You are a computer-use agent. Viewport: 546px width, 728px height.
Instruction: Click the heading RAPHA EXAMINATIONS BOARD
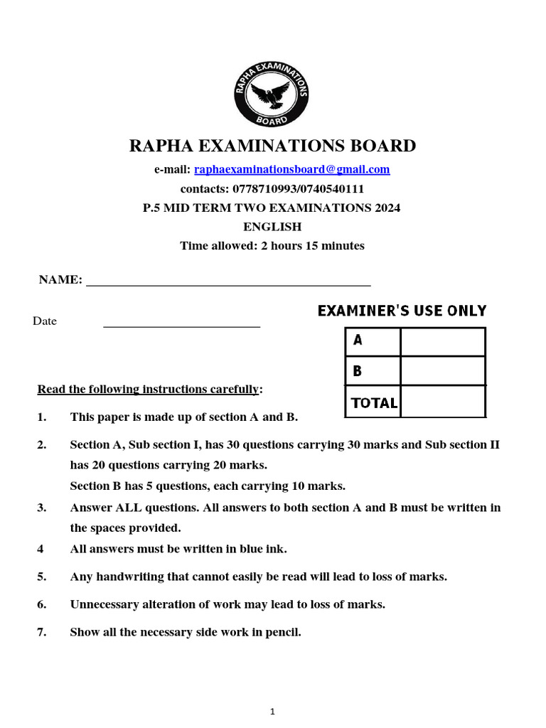tap(272, 146)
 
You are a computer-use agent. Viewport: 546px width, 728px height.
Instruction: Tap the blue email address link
tap(291, 169)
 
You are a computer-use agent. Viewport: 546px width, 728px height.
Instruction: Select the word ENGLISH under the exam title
tap(272, 227)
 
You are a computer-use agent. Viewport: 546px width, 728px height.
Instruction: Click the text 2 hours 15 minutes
tap(308, 246)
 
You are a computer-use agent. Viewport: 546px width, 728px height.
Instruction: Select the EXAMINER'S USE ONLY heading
tap(402, 311)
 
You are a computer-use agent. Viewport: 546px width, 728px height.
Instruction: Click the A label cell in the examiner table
tap(372, 341)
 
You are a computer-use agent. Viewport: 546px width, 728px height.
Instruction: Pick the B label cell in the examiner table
tap(372, 371)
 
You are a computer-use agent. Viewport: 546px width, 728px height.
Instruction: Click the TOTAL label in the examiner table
tap(373, 403)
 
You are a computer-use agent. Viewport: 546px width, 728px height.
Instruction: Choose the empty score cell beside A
tap(442, 341)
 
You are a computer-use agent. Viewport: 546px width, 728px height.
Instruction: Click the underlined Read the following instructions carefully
tap(149, 390)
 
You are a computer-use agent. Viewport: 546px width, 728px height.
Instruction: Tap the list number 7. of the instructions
tap(42, 632)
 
